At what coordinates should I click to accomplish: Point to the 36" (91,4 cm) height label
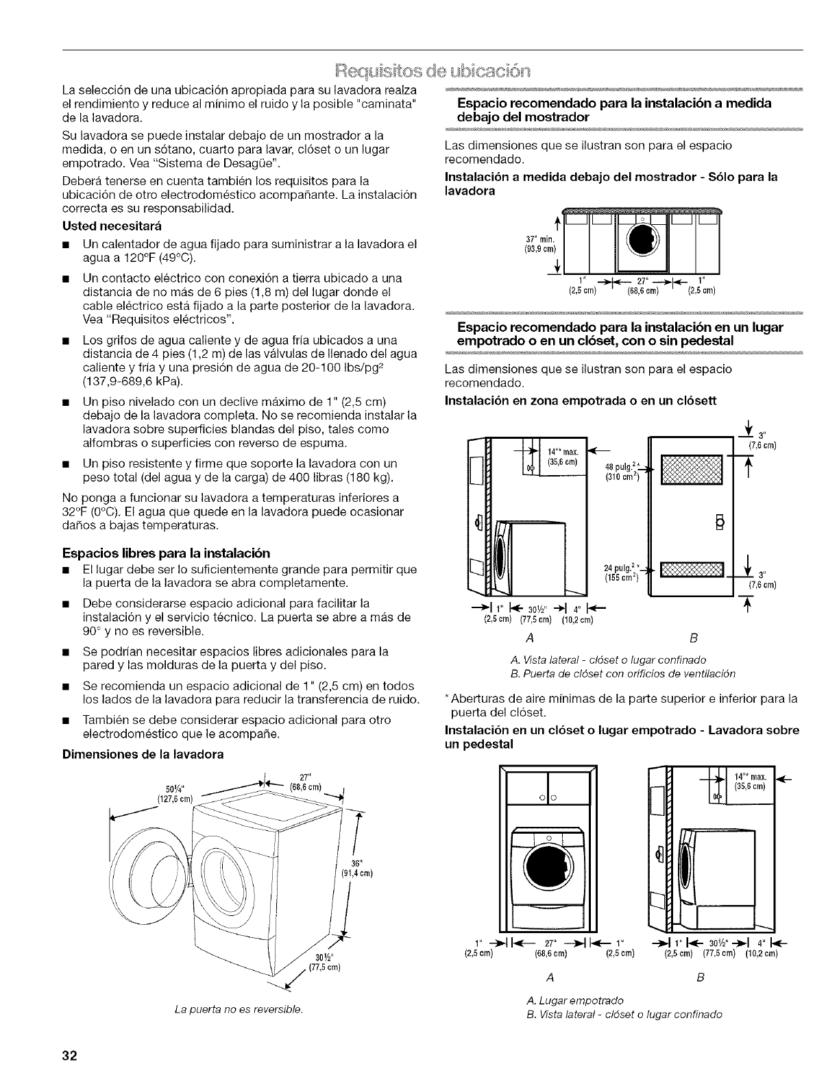click(355, 867)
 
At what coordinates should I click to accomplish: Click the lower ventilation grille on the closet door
click(691, 570)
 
